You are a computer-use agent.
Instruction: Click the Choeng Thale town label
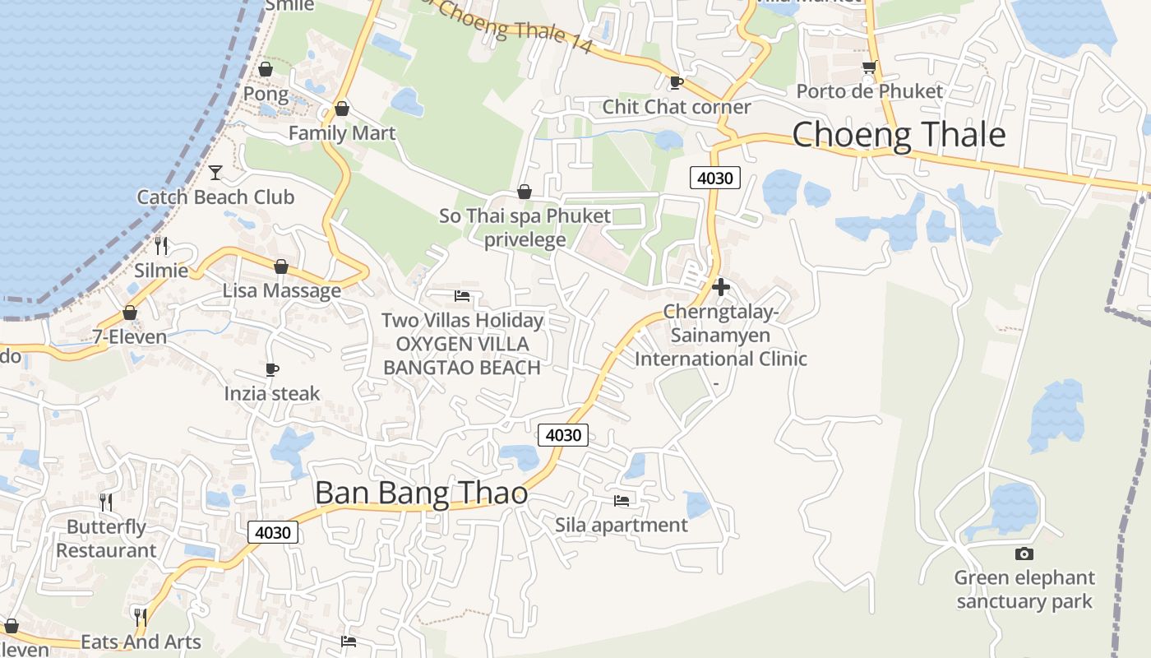[899, 135]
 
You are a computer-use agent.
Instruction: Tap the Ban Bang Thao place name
[421, 493]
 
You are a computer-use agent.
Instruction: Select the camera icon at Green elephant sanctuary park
[1024, 554]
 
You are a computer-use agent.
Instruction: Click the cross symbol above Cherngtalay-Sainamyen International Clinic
[721, 287]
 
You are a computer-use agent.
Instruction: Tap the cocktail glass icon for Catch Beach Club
[215, 172]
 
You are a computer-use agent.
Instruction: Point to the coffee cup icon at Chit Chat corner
[676, 82]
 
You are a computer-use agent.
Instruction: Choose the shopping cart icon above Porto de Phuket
[869, 67]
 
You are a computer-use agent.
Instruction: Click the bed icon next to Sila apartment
[622, 500]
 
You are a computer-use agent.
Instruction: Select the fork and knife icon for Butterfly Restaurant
[105, 502]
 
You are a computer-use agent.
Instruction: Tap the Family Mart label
[342, 133]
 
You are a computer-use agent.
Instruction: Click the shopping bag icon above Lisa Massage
[281, 266]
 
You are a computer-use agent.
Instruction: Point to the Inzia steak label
[272, 394]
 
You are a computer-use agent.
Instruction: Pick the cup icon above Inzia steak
[272, 369]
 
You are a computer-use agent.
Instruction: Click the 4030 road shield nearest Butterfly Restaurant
[273, 532]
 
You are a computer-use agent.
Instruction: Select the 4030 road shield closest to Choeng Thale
[716, 177]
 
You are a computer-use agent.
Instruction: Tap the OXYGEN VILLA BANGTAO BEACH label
[462, 356]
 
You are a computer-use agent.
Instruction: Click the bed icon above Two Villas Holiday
[462, 295]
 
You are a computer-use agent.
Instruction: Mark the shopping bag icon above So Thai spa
[525, 192]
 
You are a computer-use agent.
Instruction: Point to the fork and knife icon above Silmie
[161, 245]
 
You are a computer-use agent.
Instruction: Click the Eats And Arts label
[141, 642]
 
